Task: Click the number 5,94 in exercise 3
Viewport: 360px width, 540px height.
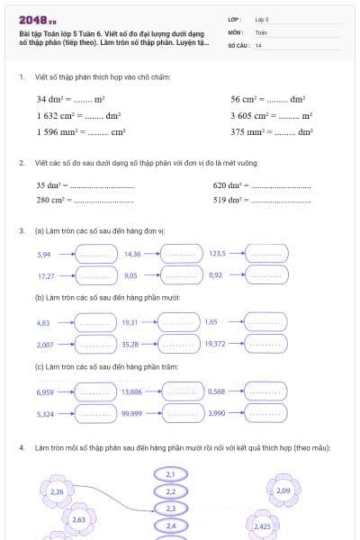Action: tap(45, 255)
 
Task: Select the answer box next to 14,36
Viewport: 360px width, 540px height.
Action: tap(179, 255)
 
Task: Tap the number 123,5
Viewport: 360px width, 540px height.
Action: tap(217, 255)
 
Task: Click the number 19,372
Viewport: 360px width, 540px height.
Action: tap(215, 344)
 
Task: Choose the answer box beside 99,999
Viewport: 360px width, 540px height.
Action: tap(179, 413)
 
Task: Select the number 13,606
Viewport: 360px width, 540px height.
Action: tap(131, 391)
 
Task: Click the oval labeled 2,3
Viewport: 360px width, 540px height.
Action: tap(171, 508)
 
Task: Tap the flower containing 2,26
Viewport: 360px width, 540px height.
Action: tap(57, 491)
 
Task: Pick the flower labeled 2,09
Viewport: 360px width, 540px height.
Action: tap(283, 490)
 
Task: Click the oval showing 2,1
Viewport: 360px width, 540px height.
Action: tap(171, 474)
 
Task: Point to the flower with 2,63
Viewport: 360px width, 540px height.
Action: tap(78, 519)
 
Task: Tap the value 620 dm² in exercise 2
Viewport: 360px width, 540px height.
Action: tap(229, 184)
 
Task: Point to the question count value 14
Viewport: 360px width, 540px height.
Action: tap(258, 45)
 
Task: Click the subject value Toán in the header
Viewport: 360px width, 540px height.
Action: tap(261, 31)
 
